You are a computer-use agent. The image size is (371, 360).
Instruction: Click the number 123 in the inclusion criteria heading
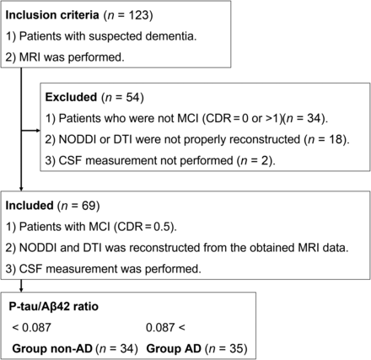point(137,15)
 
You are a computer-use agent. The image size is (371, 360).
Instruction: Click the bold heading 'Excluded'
point(71,97)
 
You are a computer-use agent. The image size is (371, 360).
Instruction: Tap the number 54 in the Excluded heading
point(133,97)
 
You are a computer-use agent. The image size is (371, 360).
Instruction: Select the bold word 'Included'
point(30,206)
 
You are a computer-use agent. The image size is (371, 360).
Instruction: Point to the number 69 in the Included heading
point(89,206)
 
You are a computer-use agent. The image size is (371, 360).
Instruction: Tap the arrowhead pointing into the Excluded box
point(38,131)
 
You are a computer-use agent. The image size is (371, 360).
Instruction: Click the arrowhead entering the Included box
point(21,189)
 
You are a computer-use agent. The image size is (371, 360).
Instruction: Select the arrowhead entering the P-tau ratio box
point(21,290)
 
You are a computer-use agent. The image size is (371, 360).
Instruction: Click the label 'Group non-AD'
point(52,349)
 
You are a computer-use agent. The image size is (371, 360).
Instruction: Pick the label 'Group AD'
point(174,349)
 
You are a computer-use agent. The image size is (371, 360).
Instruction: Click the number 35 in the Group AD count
point(237,349)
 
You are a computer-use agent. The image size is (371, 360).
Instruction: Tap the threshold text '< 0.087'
point(32,328)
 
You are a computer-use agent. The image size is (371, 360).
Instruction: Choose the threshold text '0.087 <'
point(165,328)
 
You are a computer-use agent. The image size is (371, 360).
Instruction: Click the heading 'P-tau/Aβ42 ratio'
point(54,306)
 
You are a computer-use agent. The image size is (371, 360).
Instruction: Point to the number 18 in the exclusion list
point(336,140)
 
